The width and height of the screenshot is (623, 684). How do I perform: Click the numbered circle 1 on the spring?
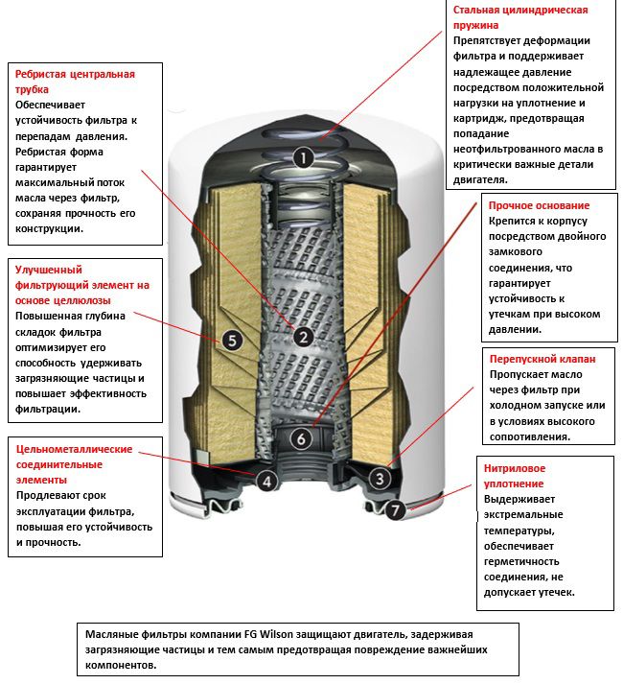click(x=303, y=157)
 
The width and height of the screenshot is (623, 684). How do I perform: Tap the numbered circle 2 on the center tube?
click(x=303, y=337)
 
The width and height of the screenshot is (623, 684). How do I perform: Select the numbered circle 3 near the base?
click(x=380, y=478)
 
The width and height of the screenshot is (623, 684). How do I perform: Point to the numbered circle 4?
click(x=266, y=482)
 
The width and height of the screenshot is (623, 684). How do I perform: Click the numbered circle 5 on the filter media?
click(x=231, y=339)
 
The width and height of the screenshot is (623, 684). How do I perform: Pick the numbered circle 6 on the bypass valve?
click(x=301, y=438)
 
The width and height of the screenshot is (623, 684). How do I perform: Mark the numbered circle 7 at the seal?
click(x=394, y=510)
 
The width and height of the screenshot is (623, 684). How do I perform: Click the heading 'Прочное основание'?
click(x=539, y=206)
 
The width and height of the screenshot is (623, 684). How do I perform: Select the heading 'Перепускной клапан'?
click(x=542, y=358)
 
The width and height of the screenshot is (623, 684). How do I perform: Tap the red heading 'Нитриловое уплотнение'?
click(x=515, y=476)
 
